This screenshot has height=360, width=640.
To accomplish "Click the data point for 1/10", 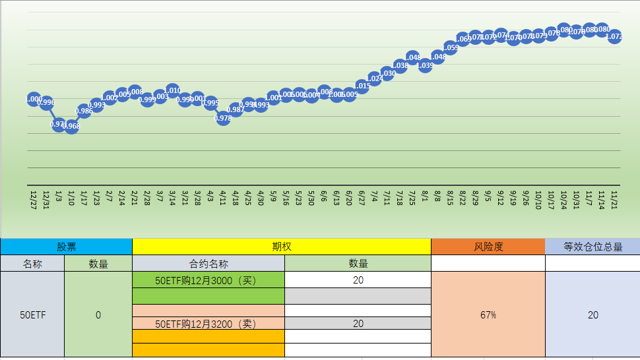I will [x=71, y=127].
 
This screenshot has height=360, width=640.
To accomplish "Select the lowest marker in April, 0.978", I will [x=223, y=119].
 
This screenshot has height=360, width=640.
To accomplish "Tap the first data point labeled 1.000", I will [x=34, y=99].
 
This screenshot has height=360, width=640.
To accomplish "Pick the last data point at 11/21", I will [x=615, y=37].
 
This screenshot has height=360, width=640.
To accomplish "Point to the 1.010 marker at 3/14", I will [x=172, y=90].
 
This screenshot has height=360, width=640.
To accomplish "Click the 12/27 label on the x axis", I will [x=34, y=200].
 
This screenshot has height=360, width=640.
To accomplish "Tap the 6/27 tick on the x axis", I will [x=362, y=198].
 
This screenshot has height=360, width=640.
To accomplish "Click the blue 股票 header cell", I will [x=66, y=247].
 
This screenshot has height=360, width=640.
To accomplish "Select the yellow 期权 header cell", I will [x=282, y=247].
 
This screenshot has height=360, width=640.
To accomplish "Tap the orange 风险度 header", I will [x=488, y=247].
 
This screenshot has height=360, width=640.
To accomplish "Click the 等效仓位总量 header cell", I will [x=592, y=247].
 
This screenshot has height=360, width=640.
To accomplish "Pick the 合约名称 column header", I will [x=208, y=263].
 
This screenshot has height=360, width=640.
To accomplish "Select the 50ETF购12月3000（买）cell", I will [x=208, y=280].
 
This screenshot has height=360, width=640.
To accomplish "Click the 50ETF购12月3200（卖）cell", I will [x=208, y=324].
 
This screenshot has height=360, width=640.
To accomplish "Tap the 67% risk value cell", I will [x=488, y=315].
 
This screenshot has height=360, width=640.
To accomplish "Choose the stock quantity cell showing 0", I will [x=98, y=315].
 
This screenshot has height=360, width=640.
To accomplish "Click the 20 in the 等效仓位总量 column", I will [x=592, y=315].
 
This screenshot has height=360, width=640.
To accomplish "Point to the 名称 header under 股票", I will [x=32, y=263].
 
